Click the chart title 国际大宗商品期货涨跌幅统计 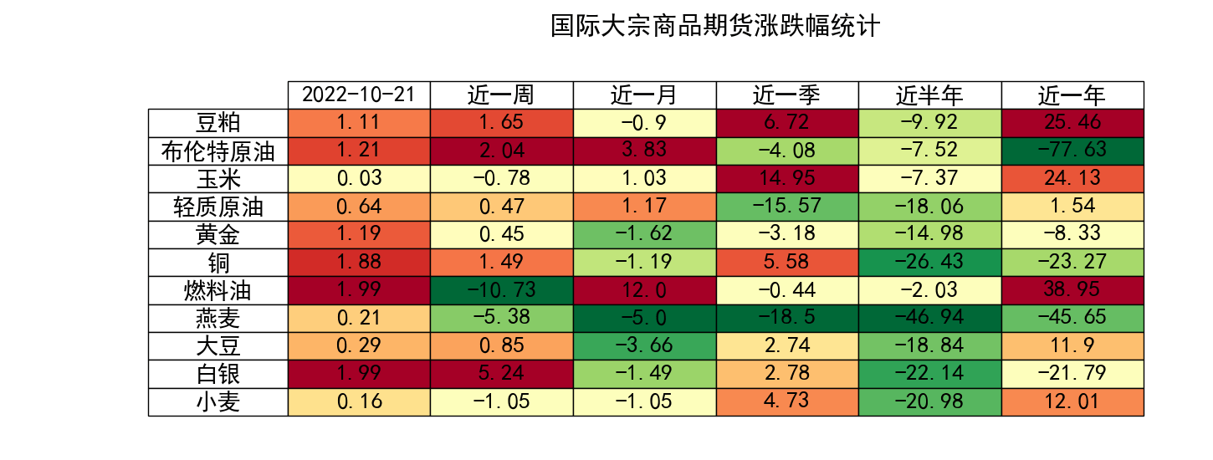[715, 26]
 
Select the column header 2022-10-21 [359, 95]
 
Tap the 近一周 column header [501, 95]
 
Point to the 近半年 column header [929, 95]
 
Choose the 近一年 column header [1072, 95]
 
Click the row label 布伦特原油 [218, 151]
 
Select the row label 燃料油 [218, 291]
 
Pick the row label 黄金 [218, 235]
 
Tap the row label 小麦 [218, 402]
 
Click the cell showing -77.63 [1072, 151]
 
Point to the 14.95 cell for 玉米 [787, 178]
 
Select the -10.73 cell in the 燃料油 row [501, 290]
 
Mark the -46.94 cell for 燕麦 [929, 318]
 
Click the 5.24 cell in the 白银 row [501, 374]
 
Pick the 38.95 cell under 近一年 [1072, 290]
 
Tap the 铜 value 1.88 [359, 263]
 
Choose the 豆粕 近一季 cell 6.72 [787, 123]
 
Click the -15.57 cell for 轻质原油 [787, 207]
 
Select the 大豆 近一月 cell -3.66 [644, 346]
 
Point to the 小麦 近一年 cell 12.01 [1072, 402]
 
